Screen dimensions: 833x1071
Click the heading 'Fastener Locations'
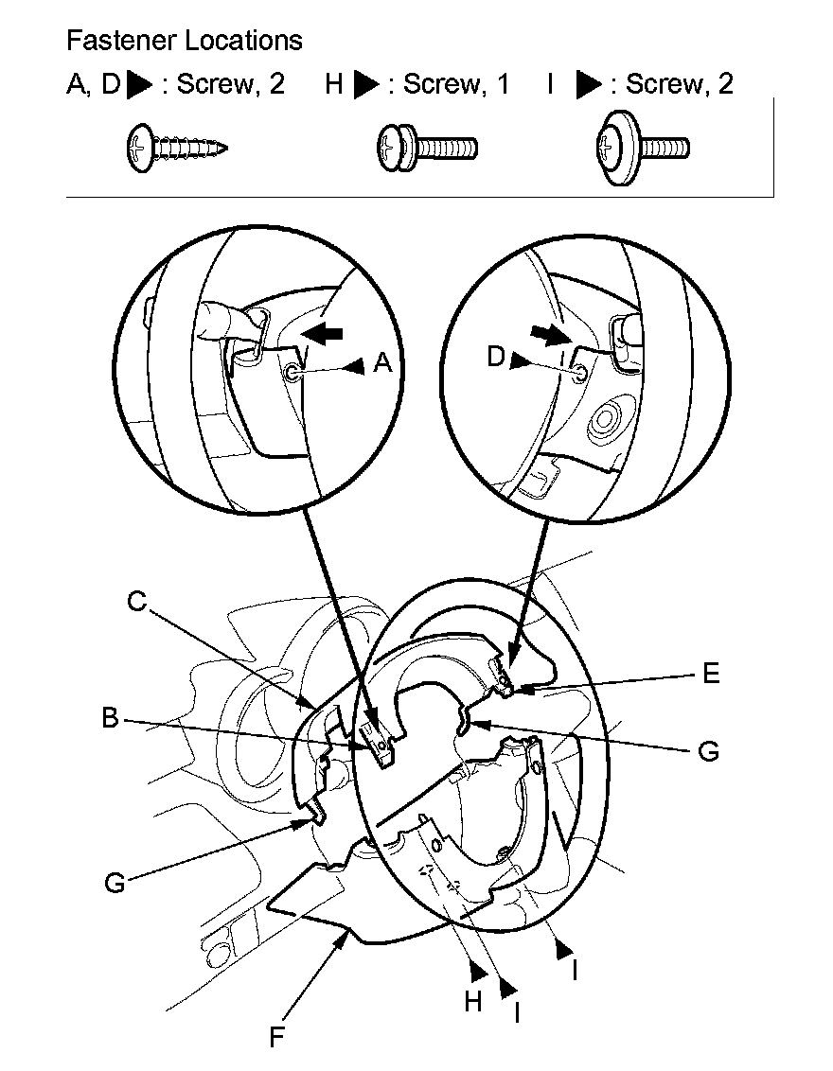tap(185, 41)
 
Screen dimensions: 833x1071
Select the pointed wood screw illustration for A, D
tap(177, 148)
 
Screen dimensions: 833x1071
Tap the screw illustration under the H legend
tap(427, 148)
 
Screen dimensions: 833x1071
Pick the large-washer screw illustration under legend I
tap(643, 148)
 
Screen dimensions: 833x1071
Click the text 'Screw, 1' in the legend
tap(456, 84)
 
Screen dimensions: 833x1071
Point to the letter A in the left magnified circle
tap(383, 362)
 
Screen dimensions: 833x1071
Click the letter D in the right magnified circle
tap(496, 357)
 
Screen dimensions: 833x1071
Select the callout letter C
tap(137, 601)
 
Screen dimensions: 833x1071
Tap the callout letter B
tap(110, 718)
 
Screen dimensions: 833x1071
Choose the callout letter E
tap(712, 674)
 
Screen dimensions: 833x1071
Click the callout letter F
tap(276, 1038)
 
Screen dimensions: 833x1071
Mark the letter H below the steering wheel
tap(473, 1002)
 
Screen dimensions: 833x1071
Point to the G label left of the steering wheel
tap(115, 883)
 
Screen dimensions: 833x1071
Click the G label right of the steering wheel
tap(709, 751)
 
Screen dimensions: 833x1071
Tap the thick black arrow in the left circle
tap(322, 333)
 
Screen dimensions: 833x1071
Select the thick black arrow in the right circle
tap(551, 334)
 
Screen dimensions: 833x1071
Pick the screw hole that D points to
tap(578, 373)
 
